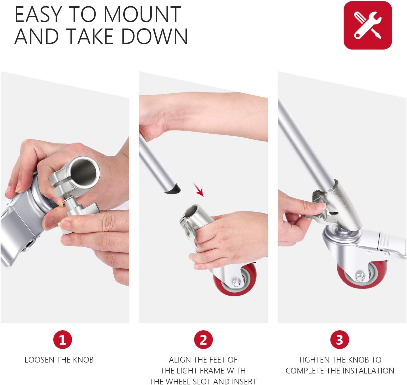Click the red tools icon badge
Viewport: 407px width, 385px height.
pyautogui.click(x=368, y=25)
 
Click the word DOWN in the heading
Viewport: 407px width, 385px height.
pyautogui.click(x=154, y=37)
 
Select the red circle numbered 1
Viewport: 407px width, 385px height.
pyautogui.click(x=63, y=340)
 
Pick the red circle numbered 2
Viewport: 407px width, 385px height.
pyautogui.click(x=203, y=340)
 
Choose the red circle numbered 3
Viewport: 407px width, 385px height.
pyautogui.click(x=340, y=340)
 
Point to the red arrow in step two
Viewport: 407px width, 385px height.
pyautogui.click(x=198, y=189)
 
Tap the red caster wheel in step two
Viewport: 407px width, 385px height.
pyautogui.click(x=235, y=279)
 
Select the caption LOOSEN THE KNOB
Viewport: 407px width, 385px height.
pyautogui.click(x=59, y=360)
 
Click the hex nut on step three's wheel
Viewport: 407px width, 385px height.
pyautogui.click(x=360, y=278)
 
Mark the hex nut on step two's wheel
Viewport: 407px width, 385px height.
pyautogui.click(x=236, y=283)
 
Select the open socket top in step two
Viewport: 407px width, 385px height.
pyautogui.click(x=192, y=211)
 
